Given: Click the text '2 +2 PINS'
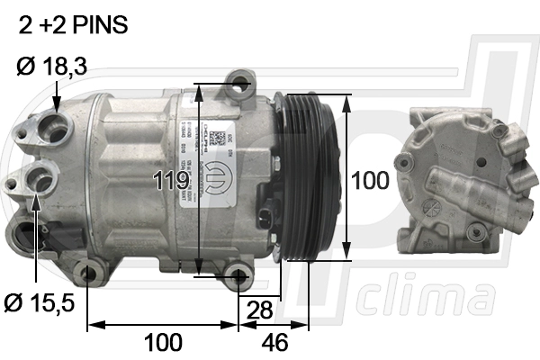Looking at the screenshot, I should pyautogui.click(x=74, y=25).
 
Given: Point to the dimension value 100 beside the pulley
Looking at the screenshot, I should pyautogui.click(x=369, y=181).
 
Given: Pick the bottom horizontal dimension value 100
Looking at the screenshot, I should pyautogui.click(x=163, y=342).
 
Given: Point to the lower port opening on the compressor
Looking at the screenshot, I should pyautogui.click(x=40, y=181).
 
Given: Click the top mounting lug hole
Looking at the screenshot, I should pyautogui.click(x=238, y=86).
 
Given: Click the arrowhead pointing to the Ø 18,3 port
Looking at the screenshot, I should pyautogui.click(x=57, y=105).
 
